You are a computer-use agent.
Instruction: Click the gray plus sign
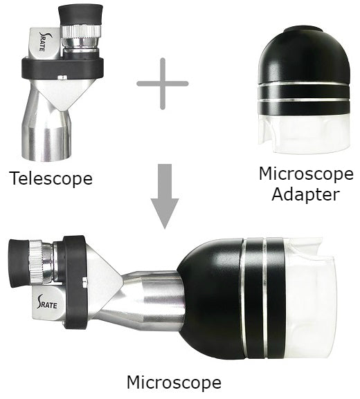point(163,84)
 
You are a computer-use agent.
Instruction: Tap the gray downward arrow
point(165,196)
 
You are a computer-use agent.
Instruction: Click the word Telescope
point(51,178)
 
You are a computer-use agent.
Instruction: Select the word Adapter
point(306,195)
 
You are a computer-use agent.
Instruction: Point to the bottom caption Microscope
point(174,382)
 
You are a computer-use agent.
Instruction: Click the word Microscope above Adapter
point(306,174)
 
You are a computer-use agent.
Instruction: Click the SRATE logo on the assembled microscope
point(47,302)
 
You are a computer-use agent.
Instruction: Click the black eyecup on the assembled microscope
point(19,263)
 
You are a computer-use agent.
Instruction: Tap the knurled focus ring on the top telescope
point(81,31)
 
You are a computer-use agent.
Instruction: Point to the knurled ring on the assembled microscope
point(36,262)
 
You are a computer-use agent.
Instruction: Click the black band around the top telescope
point(62,68)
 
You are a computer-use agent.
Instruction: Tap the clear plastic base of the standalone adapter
point(305,134)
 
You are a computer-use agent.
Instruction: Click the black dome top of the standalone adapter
point(305,55)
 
